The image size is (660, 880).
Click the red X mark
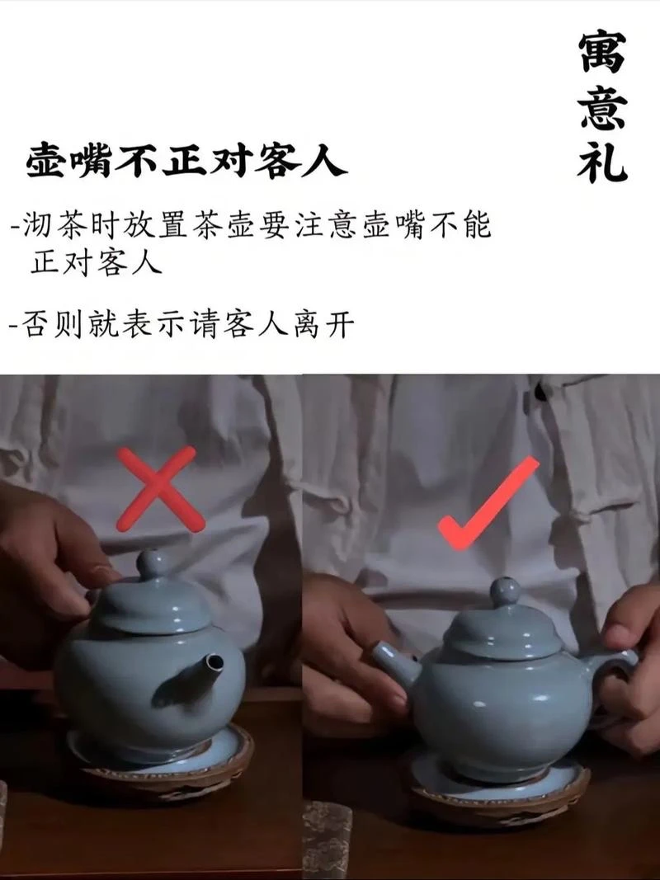click(161, 489)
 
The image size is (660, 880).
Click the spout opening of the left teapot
click(214, 663)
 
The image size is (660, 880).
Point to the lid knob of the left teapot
click(153, 563)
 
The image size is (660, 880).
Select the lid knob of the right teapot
click(505, 591)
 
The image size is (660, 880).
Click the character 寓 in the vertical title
click(602, 52)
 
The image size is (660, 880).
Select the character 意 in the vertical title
click(603, 107)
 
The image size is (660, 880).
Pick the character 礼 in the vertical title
click(602, 162)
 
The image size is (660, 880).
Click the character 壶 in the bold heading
click(46, 161)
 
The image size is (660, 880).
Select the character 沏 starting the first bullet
click(38, 226)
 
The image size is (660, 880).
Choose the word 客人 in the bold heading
click(301, 161)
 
